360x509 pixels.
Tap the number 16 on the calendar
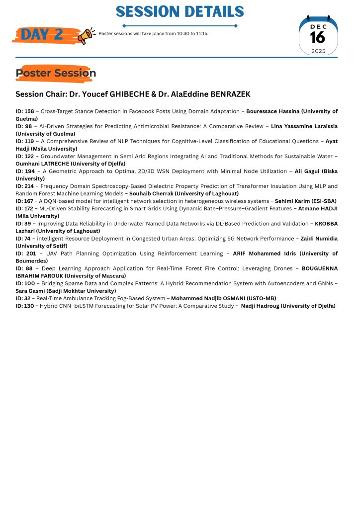[318, 37]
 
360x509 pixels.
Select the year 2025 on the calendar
[318, 51]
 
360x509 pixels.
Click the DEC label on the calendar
[318, 26]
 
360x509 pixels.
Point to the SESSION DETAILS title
[180, 11]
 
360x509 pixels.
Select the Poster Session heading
[56, 74]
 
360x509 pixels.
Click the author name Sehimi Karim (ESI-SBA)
[305, 201]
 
